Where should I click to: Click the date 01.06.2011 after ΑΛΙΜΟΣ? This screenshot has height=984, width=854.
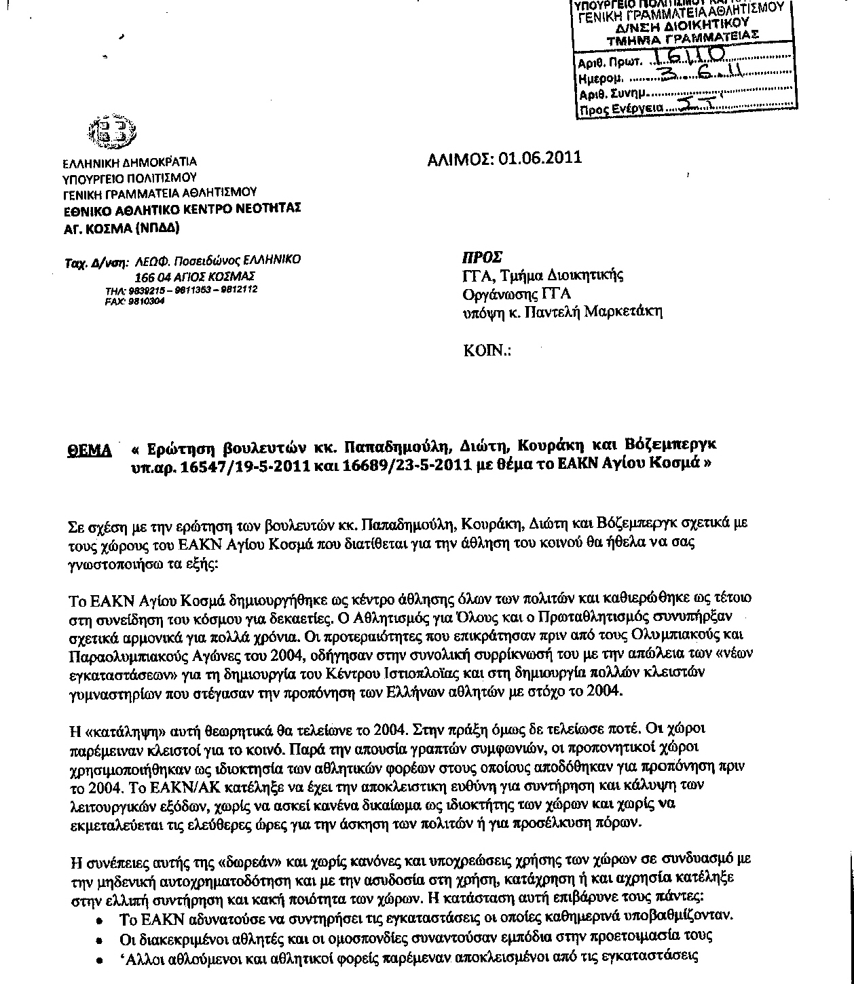pyautogui.click(x=540, y=158)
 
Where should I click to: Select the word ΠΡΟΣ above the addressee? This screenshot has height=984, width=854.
pyautogui.click(x=482, y=258)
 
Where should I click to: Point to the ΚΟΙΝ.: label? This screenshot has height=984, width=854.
pyautogui.click(x=487, y=351)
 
